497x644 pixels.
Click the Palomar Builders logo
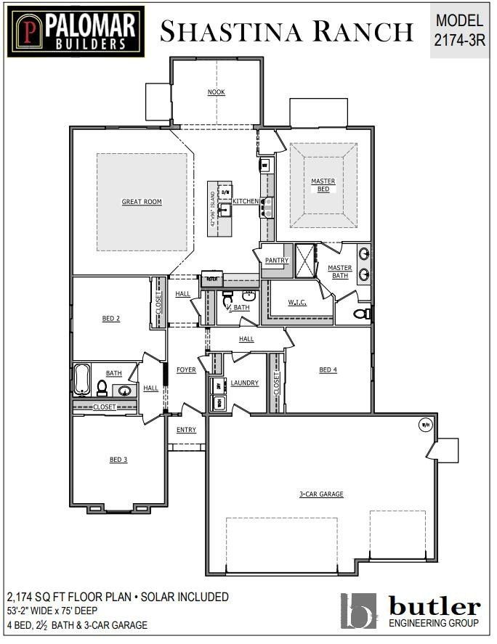(76, 31)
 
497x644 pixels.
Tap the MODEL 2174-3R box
(458, 31)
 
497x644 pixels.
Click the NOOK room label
(216, 92)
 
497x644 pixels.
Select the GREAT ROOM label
(142, 202)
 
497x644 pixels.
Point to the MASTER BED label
(323, 185)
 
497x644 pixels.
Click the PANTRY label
(277, 261)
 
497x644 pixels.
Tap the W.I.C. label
(297, 302)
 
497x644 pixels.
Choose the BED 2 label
(110, 318)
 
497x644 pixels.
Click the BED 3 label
(118, 460)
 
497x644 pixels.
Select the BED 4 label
(328, 370)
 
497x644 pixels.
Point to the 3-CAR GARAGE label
(321, 494)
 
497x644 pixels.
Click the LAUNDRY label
(245, 383)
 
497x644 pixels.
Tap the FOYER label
(186, 370)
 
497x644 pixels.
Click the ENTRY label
(186, 430)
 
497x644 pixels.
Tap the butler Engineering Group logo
(411, 610)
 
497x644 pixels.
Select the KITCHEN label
(246, 201)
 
